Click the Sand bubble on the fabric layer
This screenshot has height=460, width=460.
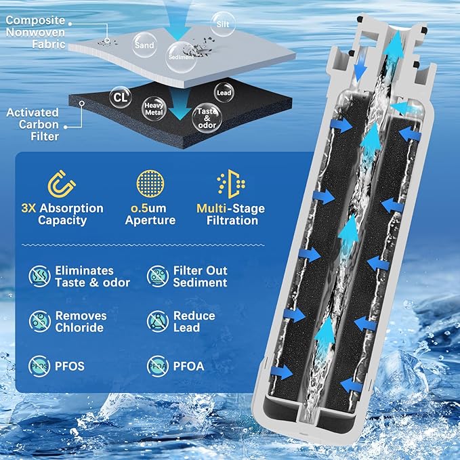pyautogui.click(x=144, y=45)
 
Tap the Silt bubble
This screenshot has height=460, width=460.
pyautogui.click(x=223, y=24)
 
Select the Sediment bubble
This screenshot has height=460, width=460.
pyautogui.click(x=181, y=57)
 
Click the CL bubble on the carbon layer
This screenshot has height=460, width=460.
pyautogui.click(x=121, y=97)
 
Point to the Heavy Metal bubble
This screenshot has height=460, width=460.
pyautogui.click(x=154, y=108)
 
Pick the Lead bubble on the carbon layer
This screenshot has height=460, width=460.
pyautogui.click(x=224, y=92)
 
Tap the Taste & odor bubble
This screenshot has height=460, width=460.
pyautogui.click(x=207, y=119)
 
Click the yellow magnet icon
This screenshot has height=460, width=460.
pyautogui.click(x=62, y=184)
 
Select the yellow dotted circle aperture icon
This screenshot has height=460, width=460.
pyautogui.click(x=150, y=184)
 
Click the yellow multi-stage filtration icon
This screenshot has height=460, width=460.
pyautogui.click(x=232, y=184)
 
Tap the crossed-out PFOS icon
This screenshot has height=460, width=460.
pyautogui.click(x=39, y=366)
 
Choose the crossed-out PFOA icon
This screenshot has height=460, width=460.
pyautogui.click(x=158, y=366)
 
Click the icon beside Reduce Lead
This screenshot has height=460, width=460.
pyautogui.click(x=158, y=321)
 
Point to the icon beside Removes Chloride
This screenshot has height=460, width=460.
pyautogui.click(x=40, y=321)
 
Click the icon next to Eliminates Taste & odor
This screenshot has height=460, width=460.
pyautogui.click(x=39, y=276)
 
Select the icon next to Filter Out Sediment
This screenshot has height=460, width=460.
pyautogui.click(x=158, y=276)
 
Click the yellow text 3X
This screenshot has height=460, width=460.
pyautogui.click(x=28, y=208)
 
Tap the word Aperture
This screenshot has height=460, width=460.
pyautogui.click(x=150, y=220)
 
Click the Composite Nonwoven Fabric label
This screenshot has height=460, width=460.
pyautogui.click(x=35, y=32)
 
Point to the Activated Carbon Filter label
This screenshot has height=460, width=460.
pyautogui.click(x=33, y=125)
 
